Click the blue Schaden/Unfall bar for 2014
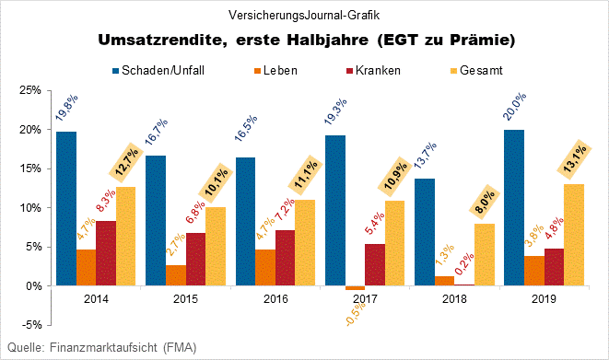(x=65, y=208)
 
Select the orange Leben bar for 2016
(x=264, y=267)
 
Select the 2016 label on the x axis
(x=275, y=299)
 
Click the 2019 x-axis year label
(x=545, y=299)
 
